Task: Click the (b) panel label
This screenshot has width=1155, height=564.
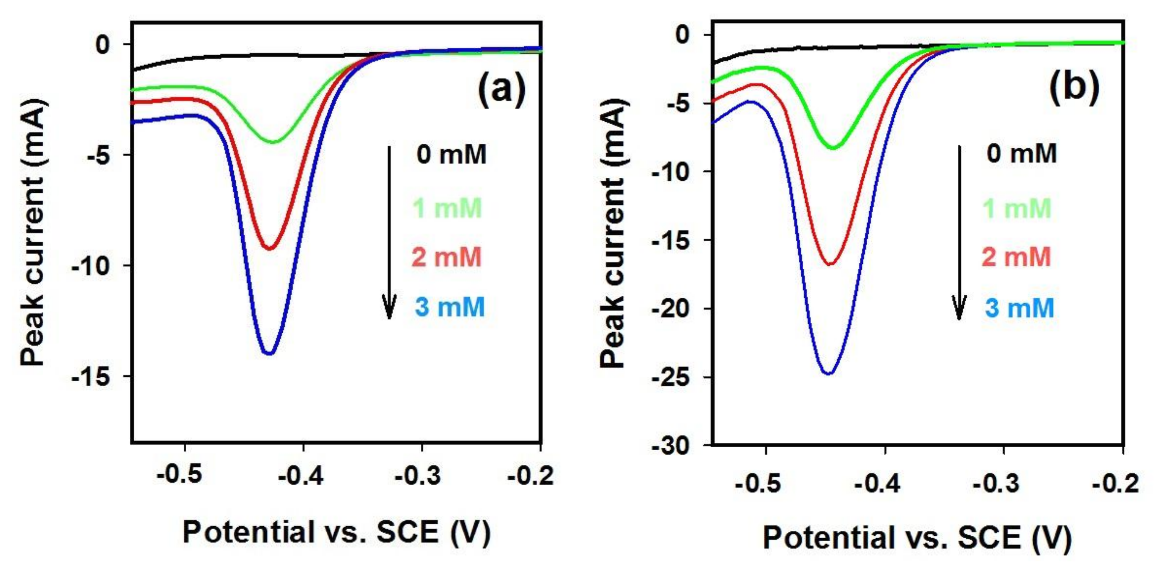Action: pyautogui.click(x=1074, y=88)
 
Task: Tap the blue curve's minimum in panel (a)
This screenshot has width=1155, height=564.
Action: pyautogui.click(x=269, y=353)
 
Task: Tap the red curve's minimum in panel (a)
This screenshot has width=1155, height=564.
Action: pyautogui.click(x=269, y=249)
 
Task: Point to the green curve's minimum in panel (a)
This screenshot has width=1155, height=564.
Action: pyautogui.click(x=274, y=142)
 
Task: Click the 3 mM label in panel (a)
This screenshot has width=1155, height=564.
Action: pyautogui.click(x=450, y=307)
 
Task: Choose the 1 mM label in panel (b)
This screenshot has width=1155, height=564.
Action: pyautogui.click(x=1017, y=208)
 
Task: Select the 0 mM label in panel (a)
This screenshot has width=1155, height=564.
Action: pyautogui.click(x=452, y=155)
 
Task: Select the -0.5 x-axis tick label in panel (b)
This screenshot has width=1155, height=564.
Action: pyautogui.click(x=758, y=484)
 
